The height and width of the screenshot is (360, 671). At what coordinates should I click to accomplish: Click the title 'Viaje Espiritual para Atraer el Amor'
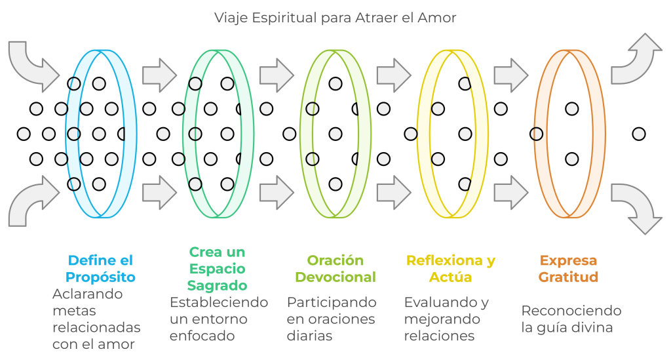(335, 18)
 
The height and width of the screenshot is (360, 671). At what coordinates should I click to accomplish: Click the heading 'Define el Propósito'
(101, 268)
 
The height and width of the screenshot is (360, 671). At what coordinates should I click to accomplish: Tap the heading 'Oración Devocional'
(335, 268)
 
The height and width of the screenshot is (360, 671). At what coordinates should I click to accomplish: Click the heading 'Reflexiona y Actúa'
(451, 268)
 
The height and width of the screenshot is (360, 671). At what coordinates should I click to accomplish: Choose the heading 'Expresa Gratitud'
(569, 268)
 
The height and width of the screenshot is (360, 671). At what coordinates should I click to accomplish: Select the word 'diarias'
(309, 336)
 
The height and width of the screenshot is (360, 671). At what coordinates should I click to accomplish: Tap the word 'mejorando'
(442, 319)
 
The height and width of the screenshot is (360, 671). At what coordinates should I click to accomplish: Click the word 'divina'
(594, 327)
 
